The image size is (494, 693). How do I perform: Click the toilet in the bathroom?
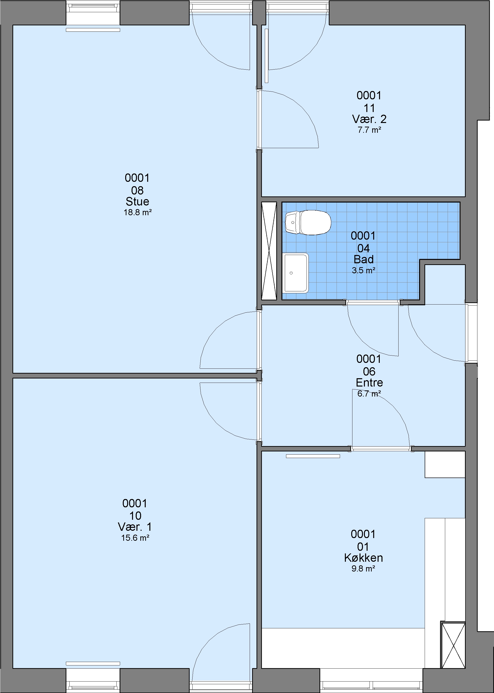308,222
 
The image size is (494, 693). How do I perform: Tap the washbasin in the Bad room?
295,273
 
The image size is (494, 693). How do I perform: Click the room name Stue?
137,201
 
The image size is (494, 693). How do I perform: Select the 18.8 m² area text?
137,212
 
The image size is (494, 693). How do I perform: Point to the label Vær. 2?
369,119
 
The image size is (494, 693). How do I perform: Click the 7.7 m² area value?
369,130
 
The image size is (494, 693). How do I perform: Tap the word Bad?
363,259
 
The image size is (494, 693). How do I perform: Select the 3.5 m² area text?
363,270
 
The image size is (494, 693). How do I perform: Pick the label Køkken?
363,557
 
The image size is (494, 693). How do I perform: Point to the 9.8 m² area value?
363,568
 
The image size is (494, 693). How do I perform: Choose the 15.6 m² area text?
135,538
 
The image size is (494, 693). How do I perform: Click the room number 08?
137,190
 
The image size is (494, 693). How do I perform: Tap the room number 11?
369,108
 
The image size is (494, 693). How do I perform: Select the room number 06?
369,371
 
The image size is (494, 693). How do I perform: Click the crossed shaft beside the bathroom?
269,251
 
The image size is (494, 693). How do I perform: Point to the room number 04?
363,248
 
